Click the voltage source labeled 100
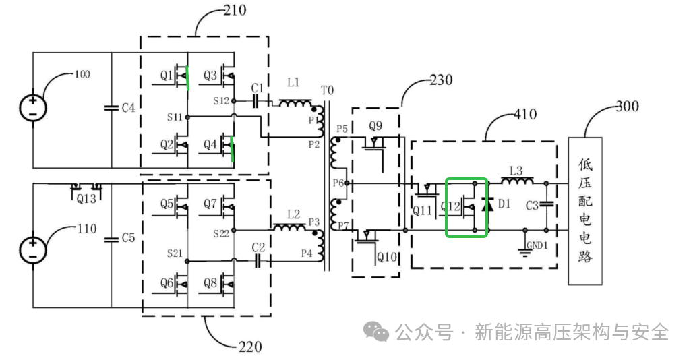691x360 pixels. coord(32,107)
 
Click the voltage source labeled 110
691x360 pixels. coord(32,249)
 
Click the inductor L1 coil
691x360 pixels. coord(294,103)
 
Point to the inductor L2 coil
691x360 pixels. coord(288,228)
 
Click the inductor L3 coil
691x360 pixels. coord(516,182)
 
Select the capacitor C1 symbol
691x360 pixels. coord(257,101)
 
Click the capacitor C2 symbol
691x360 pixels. coord(258,261)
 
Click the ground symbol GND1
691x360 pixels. coord(524,251)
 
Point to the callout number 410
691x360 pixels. coord(524,114)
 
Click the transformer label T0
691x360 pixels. coord(327,90)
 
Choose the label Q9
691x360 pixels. coord(375,126)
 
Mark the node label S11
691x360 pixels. coord(175,117)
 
